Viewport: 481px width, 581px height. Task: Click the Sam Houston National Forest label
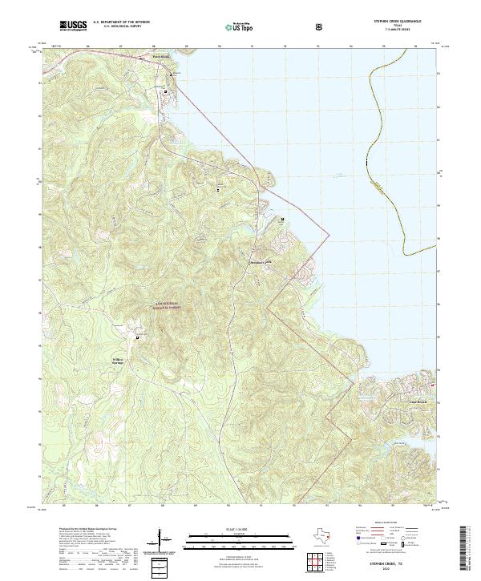[165, 307]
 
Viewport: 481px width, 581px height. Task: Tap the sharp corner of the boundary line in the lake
[329, 232]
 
